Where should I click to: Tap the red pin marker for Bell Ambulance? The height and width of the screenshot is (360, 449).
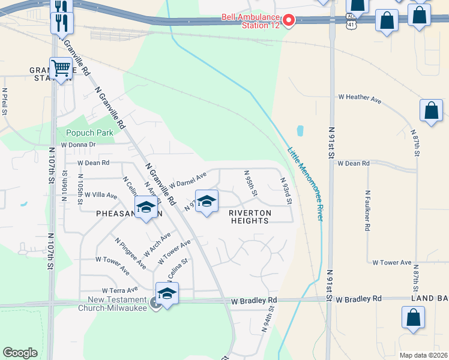pos(288,20)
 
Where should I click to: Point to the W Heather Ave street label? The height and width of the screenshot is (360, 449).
pos(360,97)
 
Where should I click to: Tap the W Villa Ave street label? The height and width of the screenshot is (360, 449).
pos(100,195)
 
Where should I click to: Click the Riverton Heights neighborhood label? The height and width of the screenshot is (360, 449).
pos(250,217)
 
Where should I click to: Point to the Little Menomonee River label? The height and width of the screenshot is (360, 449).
pos(306,184)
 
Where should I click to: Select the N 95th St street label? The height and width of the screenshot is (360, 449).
pos(250,184)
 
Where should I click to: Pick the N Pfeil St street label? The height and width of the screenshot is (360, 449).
pos(5,101)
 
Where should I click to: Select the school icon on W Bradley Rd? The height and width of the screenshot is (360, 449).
pos(167,293)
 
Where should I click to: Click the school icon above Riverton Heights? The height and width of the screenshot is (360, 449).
pos(206,201)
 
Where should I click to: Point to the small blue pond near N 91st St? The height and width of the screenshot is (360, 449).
pos(300,130)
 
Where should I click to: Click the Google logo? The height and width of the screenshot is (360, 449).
pos(20,352)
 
